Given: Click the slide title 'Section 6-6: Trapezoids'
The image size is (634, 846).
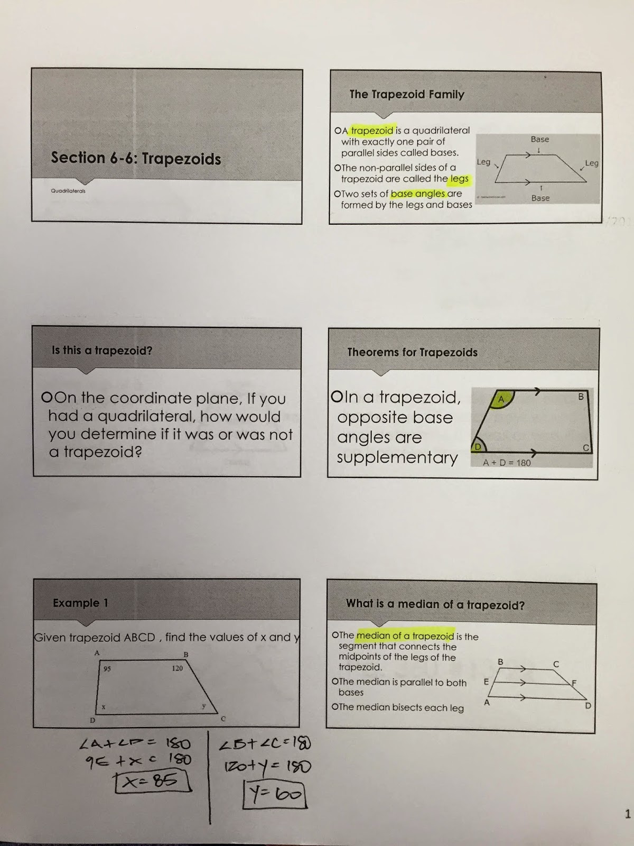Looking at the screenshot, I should pos(136,158).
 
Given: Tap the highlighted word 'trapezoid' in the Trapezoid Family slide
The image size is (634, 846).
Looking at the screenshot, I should pos(372,131).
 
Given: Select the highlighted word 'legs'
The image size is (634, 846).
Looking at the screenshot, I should pos(459,179).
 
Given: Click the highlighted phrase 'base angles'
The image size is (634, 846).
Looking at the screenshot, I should pos(418,194).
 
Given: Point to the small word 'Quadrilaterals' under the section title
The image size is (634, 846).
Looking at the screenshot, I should pos(68,191).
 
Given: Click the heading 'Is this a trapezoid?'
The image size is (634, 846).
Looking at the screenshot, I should pos(102,350).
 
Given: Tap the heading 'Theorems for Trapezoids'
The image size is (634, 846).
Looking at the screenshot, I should pos(412,352).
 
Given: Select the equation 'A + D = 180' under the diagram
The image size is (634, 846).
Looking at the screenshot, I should pos(506,463).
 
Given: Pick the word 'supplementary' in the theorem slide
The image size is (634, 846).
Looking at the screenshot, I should pos(397,457).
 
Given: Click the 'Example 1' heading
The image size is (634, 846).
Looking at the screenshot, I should pos(80,603).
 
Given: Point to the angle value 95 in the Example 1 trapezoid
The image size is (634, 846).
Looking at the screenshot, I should pos(107,669).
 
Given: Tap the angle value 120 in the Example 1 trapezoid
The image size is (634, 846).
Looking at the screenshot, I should pos(177,668).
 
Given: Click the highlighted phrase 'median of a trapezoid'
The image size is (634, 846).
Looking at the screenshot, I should pos(405,636).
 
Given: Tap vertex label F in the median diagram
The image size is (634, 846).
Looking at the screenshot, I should pos(574,683).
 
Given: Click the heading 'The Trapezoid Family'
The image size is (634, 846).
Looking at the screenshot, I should pos(407,95).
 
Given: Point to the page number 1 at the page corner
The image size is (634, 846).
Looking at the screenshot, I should pos(628,814).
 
